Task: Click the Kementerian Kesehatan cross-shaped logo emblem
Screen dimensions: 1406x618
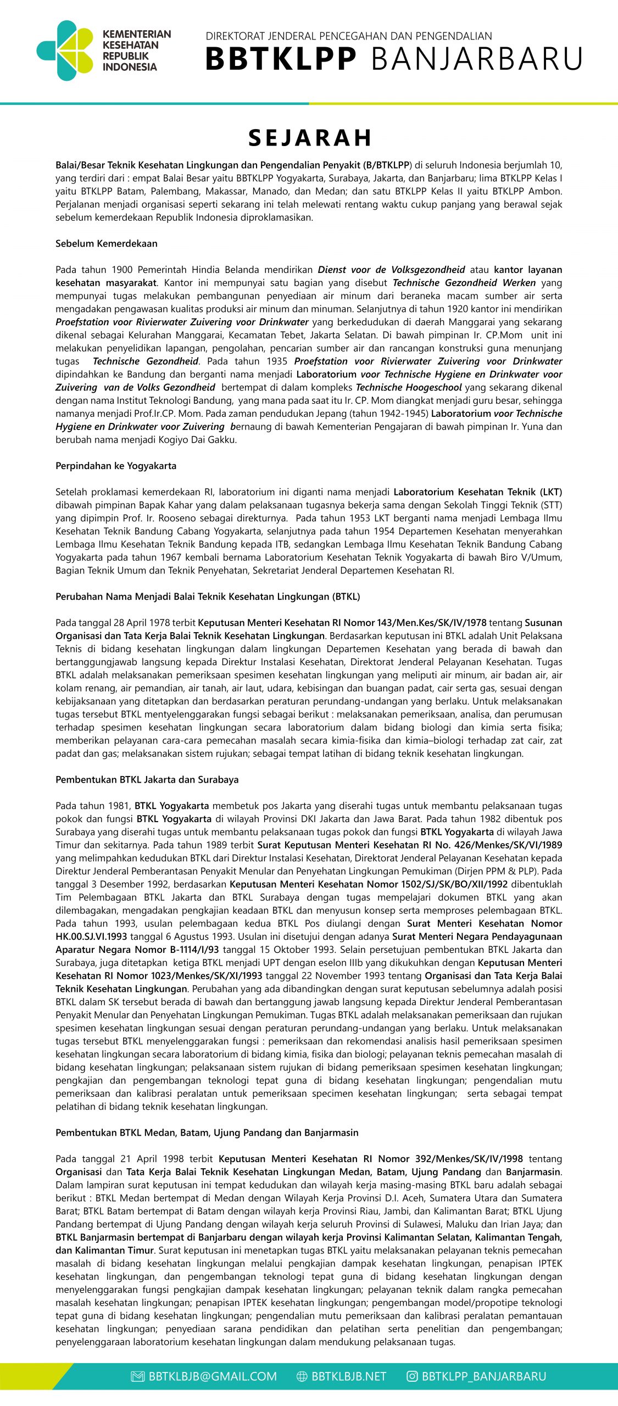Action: coord(65,51)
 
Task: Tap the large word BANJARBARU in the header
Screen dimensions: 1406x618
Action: coord(477,59)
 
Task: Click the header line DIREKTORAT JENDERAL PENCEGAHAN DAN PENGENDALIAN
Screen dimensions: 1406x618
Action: coord(349,36)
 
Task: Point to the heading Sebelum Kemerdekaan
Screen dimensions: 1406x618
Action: coord(107,243)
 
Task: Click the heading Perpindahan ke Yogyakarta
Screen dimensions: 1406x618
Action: coord(116,466)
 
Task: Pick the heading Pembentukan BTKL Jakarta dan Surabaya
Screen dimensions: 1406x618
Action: coord(147,779)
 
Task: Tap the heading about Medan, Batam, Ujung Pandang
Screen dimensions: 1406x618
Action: coord(207,1132)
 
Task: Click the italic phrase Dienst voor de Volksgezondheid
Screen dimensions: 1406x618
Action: coord(391,270)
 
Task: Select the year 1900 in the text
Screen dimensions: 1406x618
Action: coord(122,270)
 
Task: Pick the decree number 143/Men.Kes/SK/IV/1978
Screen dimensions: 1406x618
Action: coord(431,623)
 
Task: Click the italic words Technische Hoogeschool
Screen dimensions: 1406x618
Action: coord(409,387)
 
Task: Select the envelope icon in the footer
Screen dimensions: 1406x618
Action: coord(137,1376)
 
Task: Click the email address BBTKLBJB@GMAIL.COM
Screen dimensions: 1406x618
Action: coord(213,1376)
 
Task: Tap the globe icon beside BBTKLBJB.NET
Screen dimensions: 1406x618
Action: coord(302,1376)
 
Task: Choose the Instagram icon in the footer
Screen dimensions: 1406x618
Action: coord(412,1376)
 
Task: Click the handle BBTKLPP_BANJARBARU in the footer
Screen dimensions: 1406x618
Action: coord(484,1376)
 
